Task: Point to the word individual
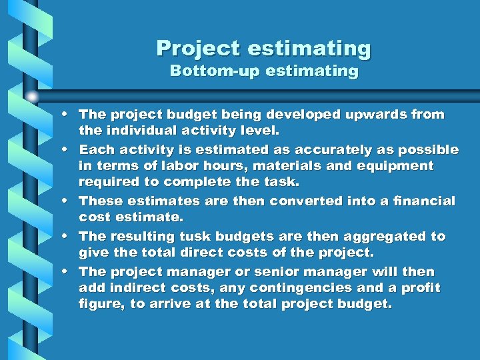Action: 137,130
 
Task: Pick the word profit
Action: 419,288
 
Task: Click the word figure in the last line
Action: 99,304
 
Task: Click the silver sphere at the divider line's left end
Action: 32,96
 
